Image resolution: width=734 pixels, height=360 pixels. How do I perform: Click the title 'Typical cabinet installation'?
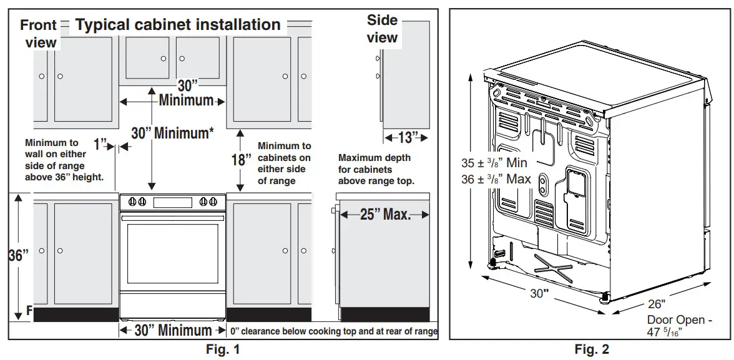pyautogui.click(x=178, y=25)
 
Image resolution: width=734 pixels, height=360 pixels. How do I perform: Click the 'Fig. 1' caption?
pyautogui.click(x=223, y=350)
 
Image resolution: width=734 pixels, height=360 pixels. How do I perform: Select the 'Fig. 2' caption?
pyautogui.click(x=592, y=350)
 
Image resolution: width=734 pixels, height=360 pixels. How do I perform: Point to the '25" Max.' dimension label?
pyautogui.click(x=385, y=215)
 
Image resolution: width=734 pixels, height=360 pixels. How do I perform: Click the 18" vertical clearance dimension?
pyautogui.click(x=241, y=160)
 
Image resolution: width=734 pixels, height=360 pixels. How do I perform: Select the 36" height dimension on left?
pyautogui.click(x=18, y=256)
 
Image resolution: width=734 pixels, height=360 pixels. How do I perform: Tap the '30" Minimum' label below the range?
pyautogui.click(x=173, y=331)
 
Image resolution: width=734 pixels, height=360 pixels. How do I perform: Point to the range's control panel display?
pyautogui.click(x=172, y=202)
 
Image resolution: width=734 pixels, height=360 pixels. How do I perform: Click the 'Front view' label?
pyautogui.click(x=39, y=34)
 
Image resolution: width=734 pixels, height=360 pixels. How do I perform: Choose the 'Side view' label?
pyautogui.click(x=382, y=29)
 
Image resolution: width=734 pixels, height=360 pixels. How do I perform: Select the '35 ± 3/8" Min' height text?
pyautogui.click(x=494, y=163)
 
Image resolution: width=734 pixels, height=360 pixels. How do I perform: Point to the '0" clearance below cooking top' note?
pyautogui.click(x=333, y=331)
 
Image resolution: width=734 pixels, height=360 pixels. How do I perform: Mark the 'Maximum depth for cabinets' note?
pyautogui.click(x=375, y=169)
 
